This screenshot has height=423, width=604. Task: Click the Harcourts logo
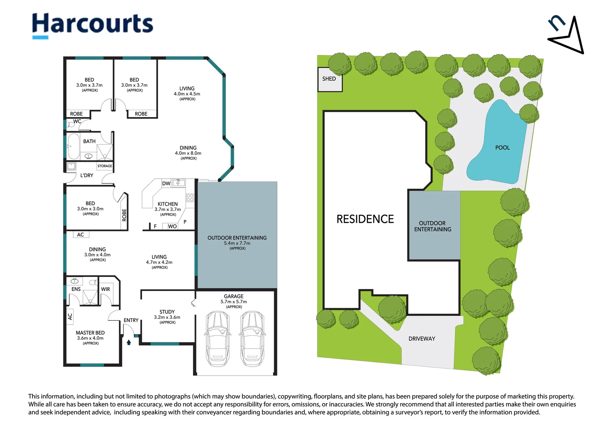pyautogui.click(x=92, y=26)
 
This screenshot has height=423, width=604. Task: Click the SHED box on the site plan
pyautogui.click(x=330, y=79)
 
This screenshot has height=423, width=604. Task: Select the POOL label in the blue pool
pyautogui.click(x=502, y=148)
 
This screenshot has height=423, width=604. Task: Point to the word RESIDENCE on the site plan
pyautogui.click(x=365, y=219)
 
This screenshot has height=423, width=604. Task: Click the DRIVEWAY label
pyautogui.click(x=422, y=338)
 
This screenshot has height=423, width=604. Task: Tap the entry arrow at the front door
pyautogui.click(x=129, y=342)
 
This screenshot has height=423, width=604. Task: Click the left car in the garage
pyautogui.click(x=218, y=338)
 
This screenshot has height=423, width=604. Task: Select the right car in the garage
pyautogui.click(x=252, y=338)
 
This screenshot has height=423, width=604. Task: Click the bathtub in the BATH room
pyautogui.click(x=73, y=146)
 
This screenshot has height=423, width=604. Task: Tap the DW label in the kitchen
pyautogui.click(x=166, y=183)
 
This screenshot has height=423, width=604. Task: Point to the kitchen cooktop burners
pyautogui.click(x=190, y=198)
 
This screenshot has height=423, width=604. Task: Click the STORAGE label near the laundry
pyautogui.click(x=105, y=166)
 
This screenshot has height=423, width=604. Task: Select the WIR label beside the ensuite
pyautogui.click(x=105, y=289)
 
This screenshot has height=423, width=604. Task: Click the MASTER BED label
pyautogui.click(x=90, y=333)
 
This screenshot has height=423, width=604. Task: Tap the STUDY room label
pyautogui.click(x=167, y=312)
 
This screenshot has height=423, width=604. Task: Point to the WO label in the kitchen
pyautogui.click(x=172, y=226)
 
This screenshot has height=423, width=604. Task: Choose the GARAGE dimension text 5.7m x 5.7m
pyautogui.click(x=234, y=302)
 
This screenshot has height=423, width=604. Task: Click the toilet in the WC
pyautogui.click(x=70, y=125)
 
